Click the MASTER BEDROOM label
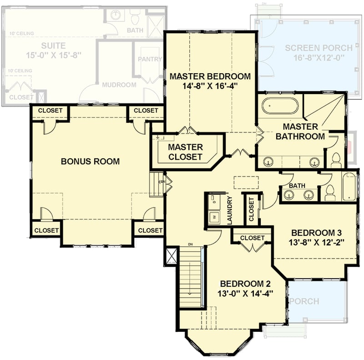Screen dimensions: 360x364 point(210,76)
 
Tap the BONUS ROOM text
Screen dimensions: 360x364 point(90,161)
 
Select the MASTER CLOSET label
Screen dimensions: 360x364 point(185,152)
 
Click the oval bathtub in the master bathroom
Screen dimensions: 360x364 point(280,106)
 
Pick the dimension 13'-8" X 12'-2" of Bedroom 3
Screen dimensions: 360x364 point(315,241)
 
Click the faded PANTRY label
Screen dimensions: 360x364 point(149,59)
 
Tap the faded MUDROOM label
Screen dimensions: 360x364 point(119,85)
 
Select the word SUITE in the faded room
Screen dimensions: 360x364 point(53,46)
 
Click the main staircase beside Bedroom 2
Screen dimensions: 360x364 point(190,278)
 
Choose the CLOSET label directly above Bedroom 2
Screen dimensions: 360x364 point(252,238)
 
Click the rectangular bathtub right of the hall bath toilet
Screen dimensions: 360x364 point(349,187)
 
